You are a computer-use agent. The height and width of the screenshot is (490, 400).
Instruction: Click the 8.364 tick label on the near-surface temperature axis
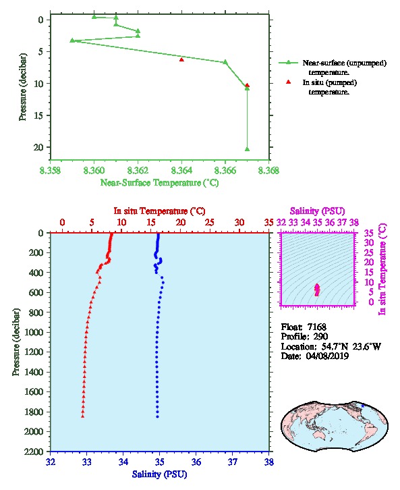[181, 171]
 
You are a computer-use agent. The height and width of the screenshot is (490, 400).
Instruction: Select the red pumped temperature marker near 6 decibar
[181, 59]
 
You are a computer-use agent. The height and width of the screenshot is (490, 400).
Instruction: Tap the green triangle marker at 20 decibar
[247, 149]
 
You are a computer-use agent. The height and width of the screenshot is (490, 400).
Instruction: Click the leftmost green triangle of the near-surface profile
[72, 40]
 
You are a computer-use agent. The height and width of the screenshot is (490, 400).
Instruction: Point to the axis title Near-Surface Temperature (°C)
[160, 183]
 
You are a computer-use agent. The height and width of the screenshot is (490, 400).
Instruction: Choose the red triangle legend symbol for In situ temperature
[288, 82]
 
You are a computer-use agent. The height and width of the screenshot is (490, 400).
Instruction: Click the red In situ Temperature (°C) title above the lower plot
[160, 211]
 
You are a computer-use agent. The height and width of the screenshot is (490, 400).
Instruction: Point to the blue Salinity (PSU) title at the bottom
[160, 474]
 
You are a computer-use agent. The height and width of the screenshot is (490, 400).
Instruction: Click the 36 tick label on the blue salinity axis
[196, 462]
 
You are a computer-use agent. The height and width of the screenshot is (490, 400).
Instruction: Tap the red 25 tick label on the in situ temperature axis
[210, 223]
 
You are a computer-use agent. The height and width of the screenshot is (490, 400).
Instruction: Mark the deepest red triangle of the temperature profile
[83, 416]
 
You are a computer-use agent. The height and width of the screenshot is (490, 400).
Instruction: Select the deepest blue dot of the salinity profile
[157, 416]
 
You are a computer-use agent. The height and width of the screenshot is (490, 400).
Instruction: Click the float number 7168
[316, 327]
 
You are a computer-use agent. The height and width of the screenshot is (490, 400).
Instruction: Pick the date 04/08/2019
[327, 356]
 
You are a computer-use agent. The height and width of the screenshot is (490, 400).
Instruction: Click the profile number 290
[320, 337]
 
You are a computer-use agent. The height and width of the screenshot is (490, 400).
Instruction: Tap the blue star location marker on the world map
[362, 406]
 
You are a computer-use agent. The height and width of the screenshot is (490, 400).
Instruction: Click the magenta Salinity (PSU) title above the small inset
[317, 211]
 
